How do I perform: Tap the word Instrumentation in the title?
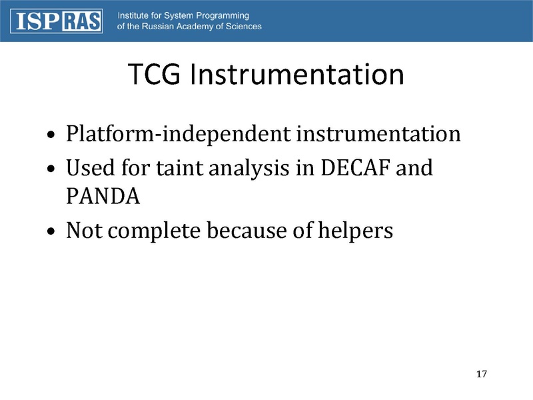[x=296, y=75]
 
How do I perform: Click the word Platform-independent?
[x=178, y=135]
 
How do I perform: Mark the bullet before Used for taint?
[x=53, y=169]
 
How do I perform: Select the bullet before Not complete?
[x=53, y=232]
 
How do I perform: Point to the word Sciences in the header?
[x=243, y=27]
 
